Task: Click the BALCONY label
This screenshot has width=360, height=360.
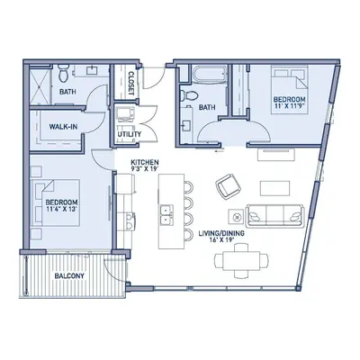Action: [x=69, y=275]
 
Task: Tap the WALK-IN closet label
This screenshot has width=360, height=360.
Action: [x=63, y=127]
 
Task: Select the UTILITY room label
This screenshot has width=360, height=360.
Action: [x=130, y=134]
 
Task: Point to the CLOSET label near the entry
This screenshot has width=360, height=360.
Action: [x=131, y=84]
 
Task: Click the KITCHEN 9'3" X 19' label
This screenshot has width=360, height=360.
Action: [x=145, y=166]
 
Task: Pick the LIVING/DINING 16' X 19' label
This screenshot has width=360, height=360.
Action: [x=221, y=236]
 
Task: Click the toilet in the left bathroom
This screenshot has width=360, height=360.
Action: [x=64, y=73]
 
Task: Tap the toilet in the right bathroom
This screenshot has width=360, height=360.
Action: [x=188, y=95]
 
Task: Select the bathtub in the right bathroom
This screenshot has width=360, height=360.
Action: [x=210, y=75]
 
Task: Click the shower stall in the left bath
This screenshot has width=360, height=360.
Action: [x=40, y=86]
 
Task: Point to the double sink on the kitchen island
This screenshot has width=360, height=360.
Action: [x=166, y=215]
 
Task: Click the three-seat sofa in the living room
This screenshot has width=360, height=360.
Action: [x=274, y=216]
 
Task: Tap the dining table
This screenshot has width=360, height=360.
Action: [x=241, y=261]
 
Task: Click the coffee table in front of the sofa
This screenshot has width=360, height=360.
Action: [x=274, y=188]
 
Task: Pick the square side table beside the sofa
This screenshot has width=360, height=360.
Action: [x=238, y=216]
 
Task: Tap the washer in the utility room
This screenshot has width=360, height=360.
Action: [x=123, y=113]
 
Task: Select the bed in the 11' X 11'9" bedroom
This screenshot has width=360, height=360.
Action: [x=290, y=90]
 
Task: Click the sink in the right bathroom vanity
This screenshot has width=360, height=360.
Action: [x=185, y=124]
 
